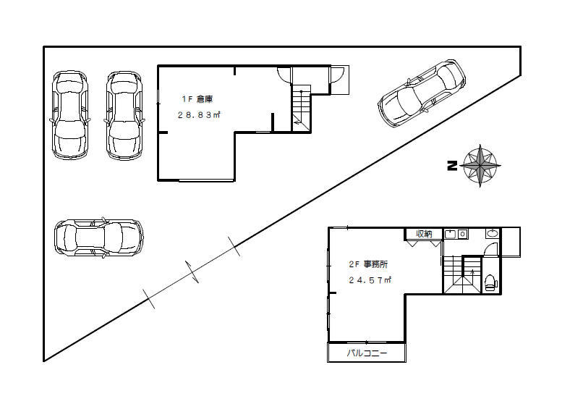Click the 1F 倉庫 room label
pos(197,99)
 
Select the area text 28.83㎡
pos(199,115)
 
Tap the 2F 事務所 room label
pos(368,264)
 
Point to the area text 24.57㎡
pos(370,280)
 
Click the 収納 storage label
pos(424,234)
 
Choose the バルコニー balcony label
pos(367,353)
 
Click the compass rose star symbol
pos(480,166)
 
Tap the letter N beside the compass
pos(452,166)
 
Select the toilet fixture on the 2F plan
pos(490,282)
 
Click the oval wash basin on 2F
pos(493,234)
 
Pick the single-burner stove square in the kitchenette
pos(462,235)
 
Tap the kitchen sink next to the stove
pos(450,235)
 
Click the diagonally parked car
pos(422,94)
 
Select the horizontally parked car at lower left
pos(99,237)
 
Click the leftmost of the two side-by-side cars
pos(70,115)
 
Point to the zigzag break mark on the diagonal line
pos(192,272)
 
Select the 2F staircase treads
pos(462,274)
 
